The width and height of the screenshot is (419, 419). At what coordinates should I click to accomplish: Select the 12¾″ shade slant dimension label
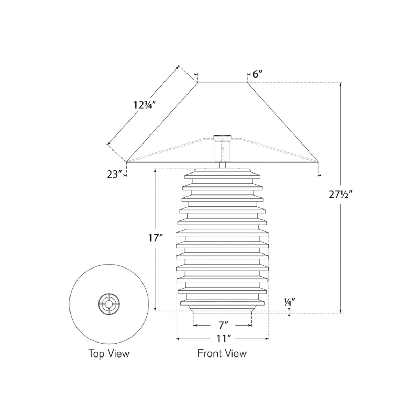(x=145, y=105)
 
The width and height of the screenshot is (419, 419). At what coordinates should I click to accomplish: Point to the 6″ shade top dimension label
(x=258, y=74)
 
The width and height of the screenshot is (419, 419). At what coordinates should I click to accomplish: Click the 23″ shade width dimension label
(x=114, y=174)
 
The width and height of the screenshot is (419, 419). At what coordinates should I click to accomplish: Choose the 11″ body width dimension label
(x=223, y=339)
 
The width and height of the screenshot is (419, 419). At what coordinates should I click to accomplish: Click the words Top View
(x=109, y=354)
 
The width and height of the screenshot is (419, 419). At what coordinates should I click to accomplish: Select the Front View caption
(x=222, y=354)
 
